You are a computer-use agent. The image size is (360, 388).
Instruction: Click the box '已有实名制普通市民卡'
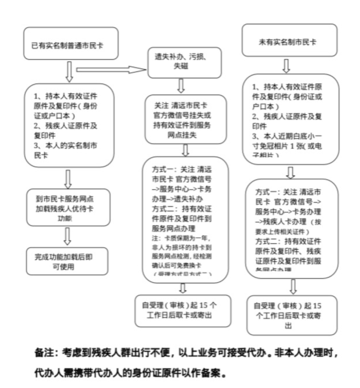click(71, 43)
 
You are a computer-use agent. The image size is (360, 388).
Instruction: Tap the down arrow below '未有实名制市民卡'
click(286, 65)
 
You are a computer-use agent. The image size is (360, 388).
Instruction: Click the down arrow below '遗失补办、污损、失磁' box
click(181, 86)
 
